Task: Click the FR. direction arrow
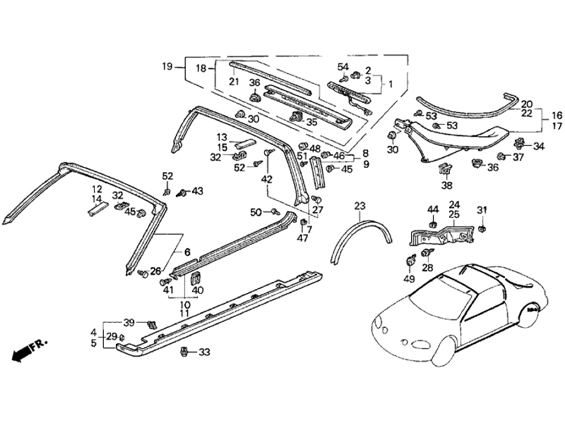pos(28,349)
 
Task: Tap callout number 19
pos(167,67)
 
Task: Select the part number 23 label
pos(360,206)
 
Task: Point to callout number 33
pos(204,352)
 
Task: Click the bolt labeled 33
pos(185,351)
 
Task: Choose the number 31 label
pos(482,210)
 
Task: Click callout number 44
pos(433,209)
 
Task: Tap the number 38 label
pos(446,186)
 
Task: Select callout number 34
pos(539,147)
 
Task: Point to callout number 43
pos(197,191)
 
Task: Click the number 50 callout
pos(255,211)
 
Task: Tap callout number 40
pos(197,290)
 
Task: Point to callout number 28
pos(427,268)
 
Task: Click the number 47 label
pos(302,238)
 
